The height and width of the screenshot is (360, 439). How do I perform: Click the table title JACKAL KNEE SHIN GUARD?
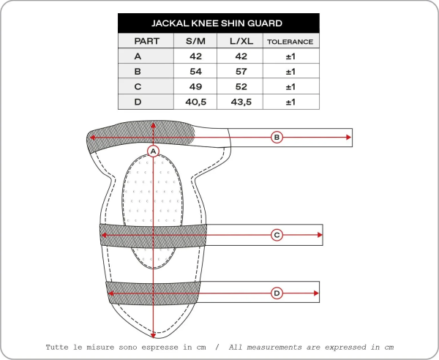pyautogui.click(x=218, y=23)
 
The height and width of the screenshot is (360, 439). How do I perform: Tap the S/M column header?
pyautogui.click(x=195, y=42)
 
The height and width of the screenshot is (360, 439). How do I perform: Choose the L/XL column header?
pyautogui.click(x=241, y=42)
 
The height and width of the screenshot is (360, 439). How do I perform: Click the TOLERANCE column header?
pyautogui.click(x=290, y=42)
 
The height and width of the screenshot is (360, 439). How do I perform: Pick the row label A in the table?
pyautogui.click(x=138, y=56)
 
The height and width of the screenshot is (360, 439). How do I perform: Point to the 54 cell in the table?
pyautogui.click(x=195, y=72)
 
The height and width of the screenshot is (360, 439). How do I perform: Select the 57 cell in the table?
pyautogui.click(x=241, y=72)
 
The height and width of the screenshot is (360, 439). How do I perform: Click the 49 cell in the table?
pyautogui.click(x=195, y=86)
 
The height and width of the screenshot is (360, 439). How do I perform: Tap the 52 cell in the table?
pyautogui.click(x=241, y=86)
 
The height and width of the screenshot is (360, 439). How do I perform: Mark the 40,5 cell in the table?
pyautogui.click(x=195, y=102)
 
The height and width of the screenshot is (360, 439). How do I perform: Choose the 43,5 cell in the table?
pyautogui.click(x=241, y=102)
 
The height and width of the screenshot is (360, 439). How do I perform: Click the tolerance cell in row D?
pyautogui.click(x=290, y=102)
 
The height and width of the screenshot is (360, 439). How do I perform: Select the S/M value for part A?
pyautogui.click(x=195, y=56)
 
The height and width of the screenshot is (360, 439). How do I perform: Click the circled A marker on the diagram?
pyautogui.click(x=153, y=151)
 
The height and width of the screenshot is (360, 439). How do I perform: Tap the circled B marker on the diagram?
pyautogui.click(x=277, y=137)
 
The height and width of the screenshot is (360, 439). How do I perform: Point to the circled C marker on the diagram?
pyautogui.click(x=277, y=235)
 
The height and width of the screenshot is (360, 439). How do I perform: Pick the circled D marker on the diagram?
pyautogui.click(x=277, y=293)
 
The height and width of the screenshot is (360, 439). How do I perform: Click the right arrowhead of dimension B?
pyautogui.click(x=348, y=137)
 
